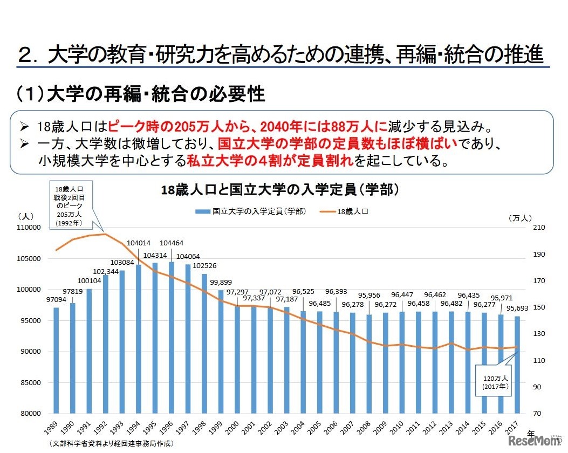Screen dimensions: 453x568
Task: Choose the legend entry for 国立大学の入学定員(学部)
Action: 254,212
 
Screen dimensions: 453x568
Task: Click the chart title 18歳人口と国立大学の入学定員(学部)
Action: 280,190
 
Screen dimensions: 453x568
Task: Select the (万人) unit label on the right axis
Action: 521,218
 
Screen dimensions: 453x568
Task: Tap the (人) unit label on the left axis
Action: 26,216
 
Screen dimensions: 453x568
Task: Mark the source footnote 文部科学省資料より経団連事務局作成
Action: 111,444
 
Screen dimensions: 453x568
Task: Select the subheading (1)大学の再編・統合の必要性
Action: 141,95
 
